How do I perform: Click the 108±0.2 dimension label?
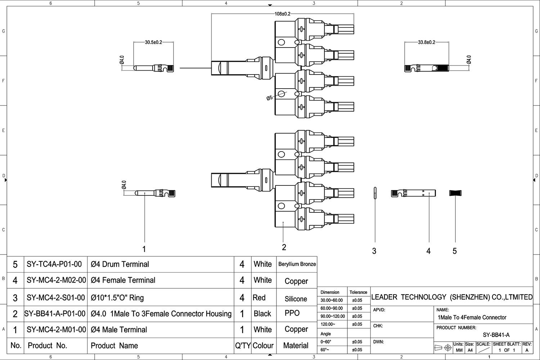coord(283,14)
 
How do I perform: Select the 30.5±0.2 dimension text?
coord(153,42)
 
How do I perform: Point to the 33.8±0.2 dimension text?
coord(427,42)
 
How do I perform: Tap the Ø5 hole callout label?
coord(270,98)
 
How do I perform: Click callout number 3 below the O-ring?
coord(374,251)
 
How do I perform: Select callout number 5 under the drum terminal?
coord(455,251)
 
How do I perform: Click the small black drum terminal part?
coord(455,193)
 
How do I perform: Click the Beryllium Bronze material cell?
coord(297,264)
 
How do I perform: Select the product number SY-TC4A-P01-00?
coord(54,264)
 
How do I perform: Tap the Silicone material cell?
coord(296,299)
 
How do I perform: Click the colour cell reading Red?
coord(259,298)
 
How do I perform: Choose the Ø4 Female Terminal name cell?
coord(123,280)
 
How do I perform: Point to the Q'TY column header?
coord(243,346)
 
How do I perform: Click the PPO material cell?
coord(292,313)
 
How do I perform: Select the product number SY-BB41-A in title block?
coord(496,335)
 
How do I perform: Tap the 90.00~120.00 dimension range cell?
coord(333,316)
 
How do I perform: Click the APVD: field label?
coord(379,310)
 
